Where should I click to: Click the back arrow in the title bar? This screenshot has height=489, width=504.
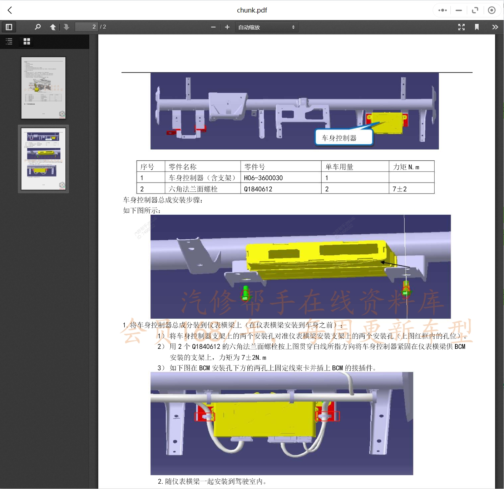pyautogui.click(x=10, y=10)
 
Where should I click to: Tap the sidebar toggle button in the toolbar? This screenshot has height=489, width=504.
pyautogui.click(x=9, y=27)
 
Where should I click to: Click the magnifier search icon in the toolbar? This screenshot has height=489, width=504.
pyautogui.click(x=38, y=27)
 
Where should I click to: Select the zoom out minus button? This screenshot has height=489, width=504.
pyautogui.click(x=213, y=27)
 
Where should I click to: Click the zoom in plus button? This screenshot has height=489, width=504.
pyautogui.click(x=227, y=27)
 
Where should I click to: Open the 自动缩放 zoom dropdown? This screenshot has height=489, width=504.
pyautogui.click(x=267, y=27)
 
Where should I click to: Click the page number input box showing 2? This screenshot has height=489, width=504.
pyautogui.click(x=87, y=27)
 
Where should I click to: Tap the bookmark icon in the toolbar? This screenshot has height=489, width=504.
pyautogui.click(x=476, y=27)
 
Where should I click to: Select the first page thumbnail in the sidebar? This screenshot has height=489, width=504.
pyautogui.click(x=44, y=88)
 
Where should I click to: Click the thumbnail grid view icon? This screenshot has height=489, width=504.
pyautogui.click(x=27, y=41)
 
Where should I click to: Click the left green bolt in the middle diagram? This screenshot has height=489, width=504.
pyautogui.click(x=246, y=293)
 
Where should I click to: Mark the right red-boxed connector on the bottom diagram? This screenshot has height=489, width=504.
pyautogui.click(x=327, y=416)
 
